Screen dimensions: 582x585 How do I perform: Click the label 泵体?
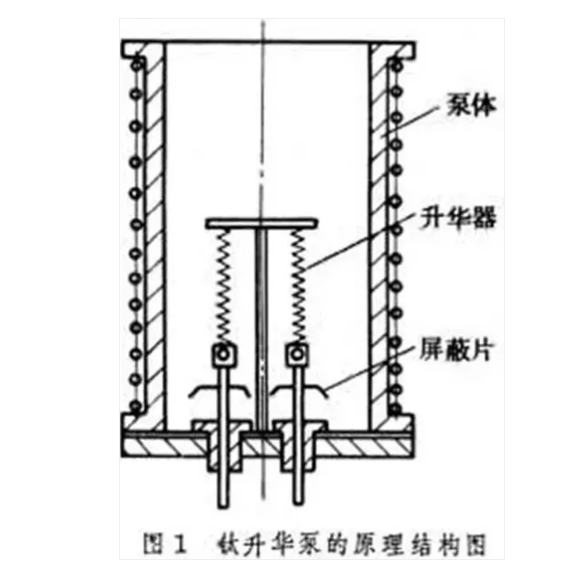471,105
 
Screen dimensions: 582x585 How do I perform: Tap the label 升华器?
458,218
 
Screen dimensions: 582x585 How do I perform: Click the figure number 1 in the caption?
179,545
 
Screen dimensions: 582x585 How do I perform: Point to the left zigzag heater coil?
223,287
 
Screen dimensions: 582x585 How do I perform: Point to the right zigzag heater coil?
298,287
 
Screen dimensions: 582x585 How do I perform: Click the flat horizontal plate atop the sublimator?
261,223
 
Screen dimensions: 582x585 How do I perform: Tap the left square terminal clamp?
224,354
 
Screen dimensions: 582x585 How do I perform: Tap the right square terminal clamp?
297,354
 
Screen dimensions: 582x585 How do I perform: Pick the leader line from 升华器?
360,241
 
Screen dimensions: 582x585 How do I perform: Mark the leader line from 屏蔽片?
370,368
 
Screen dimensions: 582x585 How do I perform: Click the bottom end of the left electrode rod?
223,506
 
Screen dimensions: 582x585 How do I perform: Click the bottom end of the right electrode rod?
297,503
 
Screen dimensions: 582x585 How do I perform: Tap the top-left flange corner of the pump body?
123,41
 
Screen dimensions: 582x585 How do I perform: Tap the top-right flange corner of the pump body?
415,43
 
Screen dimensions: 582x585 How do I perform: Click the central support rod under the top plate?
261,328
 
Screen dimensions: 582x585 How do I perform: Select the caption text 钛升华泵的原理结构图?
352,545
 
